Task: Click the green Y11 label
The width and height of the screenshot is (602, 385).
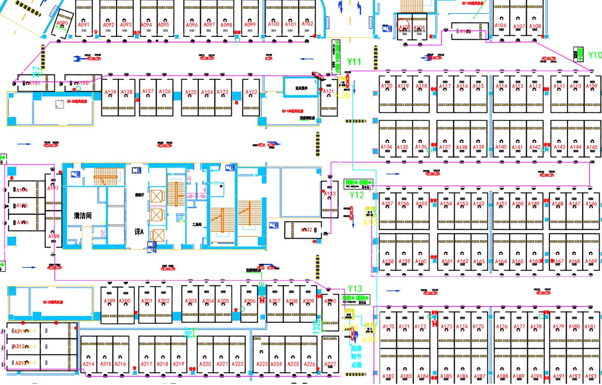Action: point(354,62)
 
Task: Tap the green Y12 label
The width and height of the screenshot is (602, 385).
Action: point(356,195)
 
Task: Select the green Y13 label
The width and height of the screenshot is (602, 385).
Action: point(355,289)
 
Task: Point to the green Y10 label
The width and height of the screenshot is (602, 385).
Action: point(595,55)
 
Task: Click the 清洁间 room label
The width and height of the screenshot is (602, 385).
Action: point(82,216)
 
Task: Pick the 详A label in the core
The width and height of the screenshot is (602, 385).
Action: point(139,232)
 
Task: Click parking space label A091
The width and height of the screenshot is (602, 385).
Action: point(84,25)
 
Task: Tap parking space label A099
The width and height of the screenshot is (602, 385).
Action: point(250,24)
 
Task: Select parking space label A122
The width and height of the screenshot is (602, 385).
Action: point(251,92)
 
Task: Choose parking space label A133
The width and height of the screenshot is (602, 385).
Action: point(330,194)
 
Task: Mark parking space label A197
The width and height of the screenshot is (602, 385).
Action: point(53,188)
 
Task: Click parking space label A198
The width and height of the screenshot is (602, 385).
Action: point(53,236)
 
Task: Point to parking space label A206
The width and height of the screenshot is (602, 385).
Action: point(249,301)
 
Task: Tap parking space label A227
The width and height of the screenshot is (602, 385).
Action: point(330,364)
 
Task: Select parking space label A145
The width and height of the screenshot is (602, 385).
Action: point(592,147)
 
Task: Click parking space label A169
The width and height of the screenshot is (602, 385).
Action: point(591,261)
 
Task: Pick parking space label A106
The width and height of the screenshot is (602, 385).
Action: point(500,25)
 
